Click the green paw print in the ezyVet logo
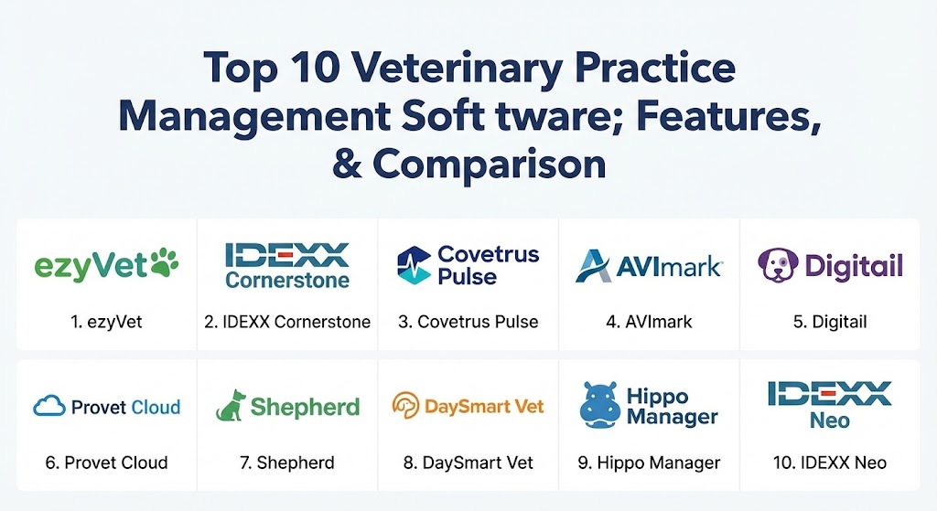165,262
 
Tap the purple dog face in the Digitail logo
778,265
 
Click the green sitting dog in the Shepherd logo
231,405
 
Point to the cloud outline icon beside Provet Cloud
49,406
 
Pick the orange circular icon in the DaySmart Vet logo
405,405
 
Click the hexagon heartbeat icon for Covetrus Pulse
414,265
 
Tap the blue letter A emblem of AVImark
593,266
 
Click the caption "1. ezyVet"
106,322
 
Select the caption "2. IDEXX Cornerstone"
287,322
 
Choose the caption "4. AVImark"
649,322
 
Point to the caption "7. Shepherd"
287,463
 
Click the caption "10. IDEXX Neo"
830,463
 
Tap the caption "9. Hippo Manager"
649,463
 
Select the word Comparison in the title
490,164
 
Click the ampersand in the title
347,164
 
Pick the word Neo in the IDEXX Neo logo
830,421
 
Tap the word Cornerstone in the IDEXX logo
287,280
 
